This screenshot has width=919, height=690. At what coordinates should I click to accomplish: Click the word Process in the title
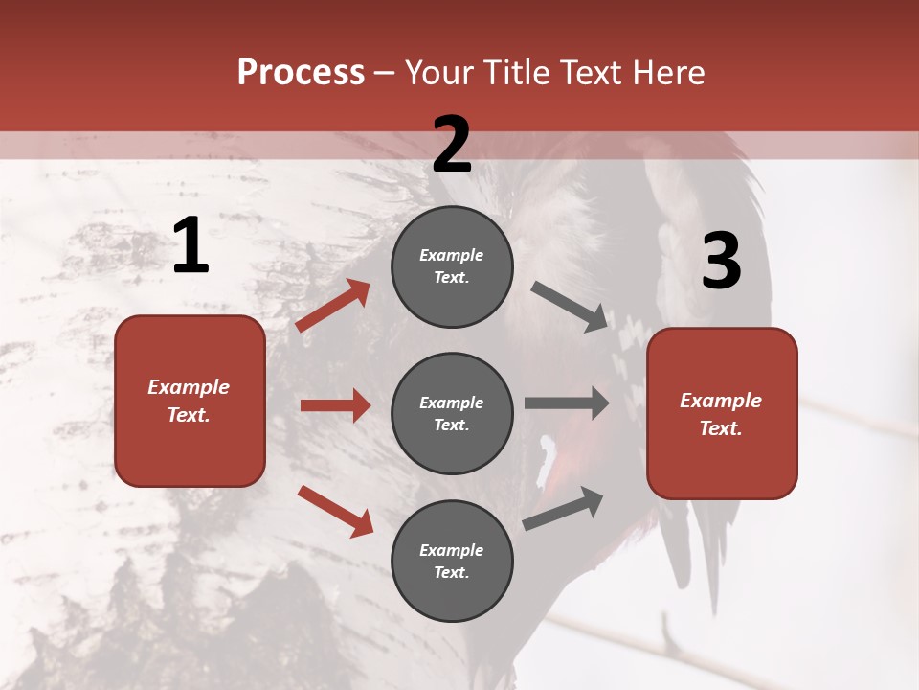click(x=301, y=73)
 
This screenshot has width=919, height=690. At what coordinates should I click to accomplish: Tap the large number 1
click(x=191, y=246)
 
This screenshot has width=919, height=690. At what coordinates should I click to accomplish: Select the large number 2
click(x=452, y=145)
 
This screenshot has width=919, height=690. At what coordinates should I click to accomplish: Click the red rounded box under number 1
click(x=190, y=401)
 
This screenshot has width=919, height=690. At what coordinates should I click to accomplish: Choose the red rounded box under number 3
click(x=722, y=413)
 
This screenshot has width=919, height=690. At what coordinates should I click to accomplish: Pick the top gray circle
click(x=452, y=266)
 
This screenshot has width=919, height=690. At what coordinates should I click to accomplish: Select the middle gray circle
click(x=452, y=413)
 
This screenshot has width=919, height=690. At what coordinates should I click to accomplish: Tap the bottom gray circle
click(x=452, y=561)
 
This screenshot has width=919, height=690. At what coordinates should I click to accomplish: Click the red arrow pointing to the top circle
click(x=333, y=306)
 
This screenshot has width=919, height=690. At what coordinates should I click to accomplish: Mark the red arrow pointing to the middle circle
click(x=335, y=405)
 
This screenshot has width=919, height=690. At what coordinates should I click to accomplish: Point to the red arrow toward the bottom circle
click(x=335, y=511)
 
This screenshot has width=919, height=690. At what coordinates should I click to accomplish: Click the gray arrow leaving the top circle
click(x=570, y=306)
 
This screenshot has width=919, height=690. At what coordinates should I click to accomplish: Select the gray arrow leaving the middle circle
click(x=567, y=402)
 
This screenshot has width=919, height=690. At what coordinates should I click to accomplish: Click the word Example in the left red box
click(x=189, y=387)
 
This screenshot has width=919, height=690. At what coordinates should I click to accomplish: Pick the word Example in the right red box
click(x=721, y=401)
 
